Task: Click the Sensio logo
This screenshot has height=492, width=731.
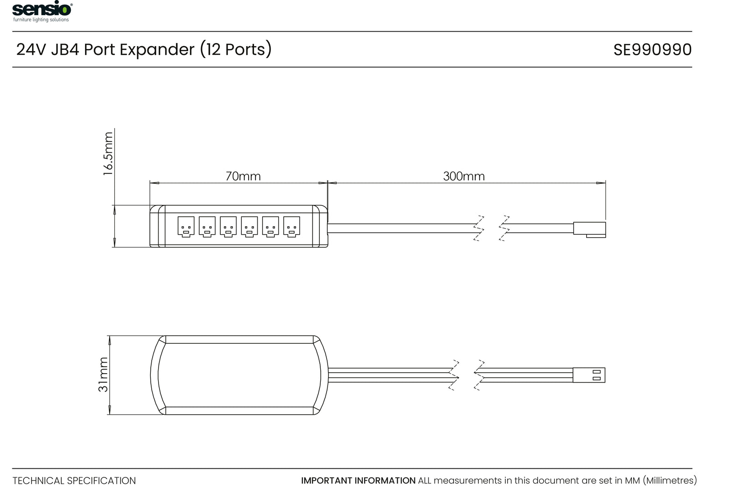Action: coord(42,9)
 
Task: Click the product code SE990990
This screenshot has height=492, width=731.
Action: coord(652,50)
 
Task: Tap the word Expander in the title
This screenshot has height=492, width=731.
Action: coord(157,49)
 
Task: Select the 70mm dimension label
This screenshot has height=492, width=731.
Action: coord(243,176)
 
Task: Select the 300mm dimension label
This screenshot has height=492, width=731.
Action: coord(464,176)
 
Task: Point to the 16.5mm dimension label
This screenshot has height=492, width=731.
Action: coord(108,154)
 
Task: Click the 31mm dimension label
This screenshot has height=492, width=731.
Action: coord(104,374)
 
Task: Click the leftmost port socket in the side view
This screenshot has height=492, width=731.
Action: coord(186,226)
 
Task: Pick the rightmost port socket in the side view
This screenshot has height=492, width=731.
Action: coord(291,226)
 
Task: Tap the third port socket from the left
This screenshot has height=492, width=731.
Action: coord(228,226)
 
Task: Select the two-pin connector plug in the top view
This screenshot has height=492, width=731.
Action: coord(589,375)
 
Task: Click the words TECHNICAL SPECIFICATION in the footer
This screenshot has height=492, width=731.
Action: coord(74,481)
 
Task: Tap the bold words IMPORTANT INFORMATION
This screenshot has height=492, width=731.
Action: coord(358,481)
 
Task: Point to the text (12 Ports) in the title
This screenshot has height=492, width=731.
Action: coord(235,49)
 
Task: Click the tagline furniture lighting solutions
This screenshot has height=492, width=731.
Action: coord(41,20)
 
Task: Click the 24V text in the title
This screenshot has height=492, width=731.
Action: coord(31,49)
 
